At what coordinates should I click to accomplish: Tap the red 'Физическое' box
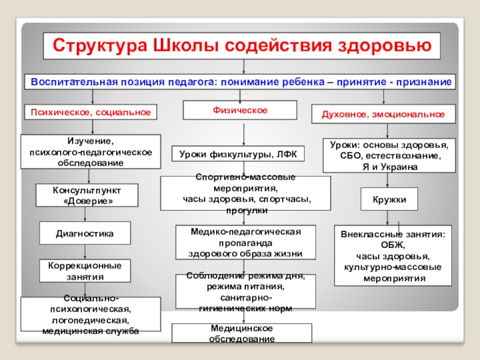point(240,110)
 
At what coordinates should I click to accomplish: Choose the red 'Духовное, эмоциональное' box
point(383,113)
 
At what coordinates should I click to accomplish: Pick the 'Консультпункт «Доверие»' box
point(88,196)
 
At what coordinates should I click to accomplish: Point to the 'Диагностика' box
point(85,232)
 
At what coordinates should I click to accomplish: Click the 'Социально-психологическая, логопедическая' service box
point(91,314)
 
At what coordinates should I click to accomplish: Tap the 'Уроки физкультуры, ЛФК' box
point(239,154)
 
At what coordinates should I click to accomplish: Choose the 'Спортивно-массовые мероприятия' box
point(245,193)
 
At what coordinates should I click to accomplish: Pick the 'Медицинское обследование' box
point(242,333)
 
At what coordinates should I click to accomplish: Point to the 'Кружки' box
point(389,199)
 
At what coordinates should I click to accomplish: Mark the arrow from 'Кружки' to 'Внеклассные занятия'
point(388,218)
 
